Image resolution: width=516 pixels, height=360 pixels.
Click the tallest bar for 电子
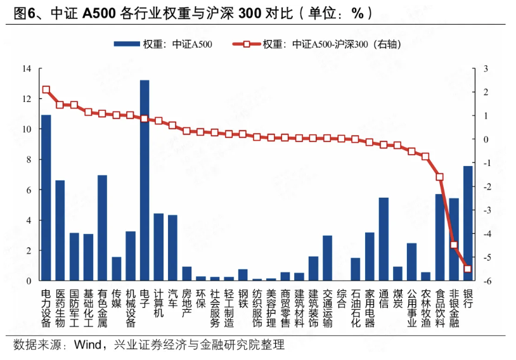point(145,181)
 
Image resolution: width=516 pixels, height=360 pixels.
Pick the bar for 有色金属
point(102,228)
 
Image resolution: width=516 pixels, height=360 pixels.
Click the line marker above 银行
point(468,269)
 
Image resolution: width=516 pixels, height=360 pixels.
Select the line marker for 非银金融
point(454,245)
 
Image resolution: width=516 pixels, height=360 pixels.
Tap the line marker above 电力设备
point(46,90)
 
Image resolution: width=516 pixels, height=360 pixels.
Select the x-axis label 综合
point(341,299)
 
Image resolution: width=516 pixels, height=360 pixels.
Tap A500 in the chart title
point(100,12)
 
